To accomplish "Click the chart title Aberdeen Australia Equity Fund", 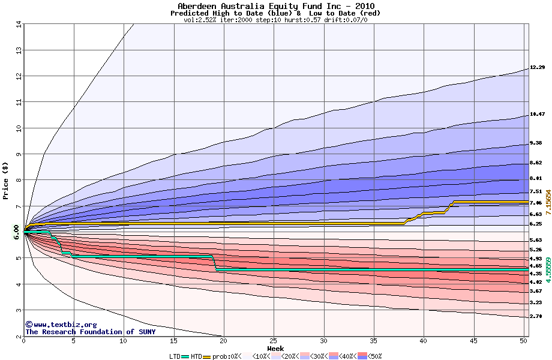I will pos(275,6).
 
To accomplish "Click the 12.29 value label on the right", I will pos(537,67).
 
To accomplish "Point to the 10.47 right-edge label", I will pos(537,114).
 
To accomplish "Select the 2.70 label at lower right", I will pos(537,316).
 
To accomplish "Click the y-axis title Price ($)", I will pos(6,180).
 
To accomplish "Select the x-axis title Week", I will pos(275,349).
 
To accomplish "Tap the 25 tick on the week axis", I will pos(274,341).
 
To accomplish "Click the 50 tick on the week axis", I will pos(523,341).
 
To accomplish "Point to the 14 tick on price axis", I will pos(17,24).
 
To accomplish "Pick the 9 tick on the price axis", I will pos(19,154).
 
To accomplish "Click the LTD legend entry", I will pos(176,356).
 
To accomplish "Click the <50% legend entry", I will pos(372,356).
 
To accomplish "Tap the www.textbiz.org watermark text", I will pos(56,325).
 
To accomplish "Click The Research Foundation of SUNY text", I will pos(90,332).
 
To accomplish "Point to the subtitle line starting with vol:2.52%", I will pos(275,20).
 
